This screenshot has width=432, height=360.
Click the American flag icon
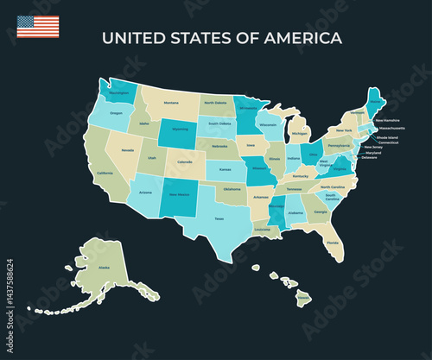coord(38,26)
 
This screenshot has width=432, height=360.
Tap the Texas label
coord(219,218)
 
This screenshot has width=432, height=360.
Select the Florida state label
coord(333,243)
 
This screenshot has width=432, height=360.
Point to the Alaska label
coord(105,268)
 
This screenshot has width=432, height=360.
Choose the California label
coord(105,173)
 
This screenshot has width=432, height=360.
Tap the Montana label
coord(171,103)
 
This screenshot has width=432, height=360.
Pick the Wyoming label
coord(180,129)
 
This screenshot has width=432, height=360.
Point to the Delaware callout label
coord(370,158)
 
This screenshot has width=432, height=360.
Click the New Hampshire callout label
coord(386,121)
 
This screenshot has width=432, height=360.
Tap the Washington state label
coord(119,92)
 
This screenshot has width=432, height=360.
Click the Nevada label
coord(128,150)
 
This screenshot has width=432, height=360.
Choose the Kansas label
coord(225,169)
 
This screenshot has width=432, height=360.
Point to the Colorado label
coord(185,162)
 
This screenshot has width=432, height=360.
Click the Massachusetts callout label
coord(391,128)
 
